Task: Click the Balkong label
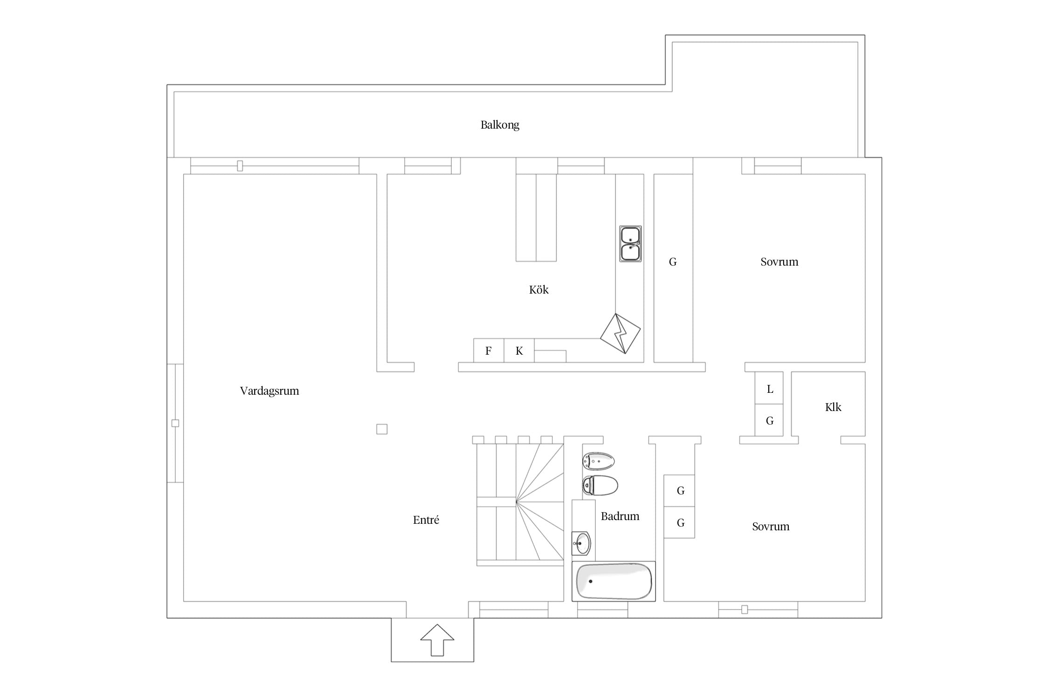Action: tap(500, 125)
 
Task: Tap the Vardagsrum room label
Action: tap(269, 391)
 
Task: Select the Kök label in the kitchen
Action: tap(538, 290)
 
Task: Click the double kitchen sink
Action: tap(630, 244)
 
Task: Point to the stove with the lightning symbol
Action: tap(620, 334)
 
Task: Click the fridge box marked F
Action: tap(489, 350)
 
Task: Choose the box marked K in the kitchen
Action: tap(519, 350)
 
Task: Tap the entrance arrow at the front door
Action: tap(437, 640)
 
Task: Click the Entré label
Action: tap(426, 520)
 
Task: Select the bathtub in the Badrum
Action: tap(614, 582)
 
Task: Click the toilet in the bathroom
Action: tap(600, 486)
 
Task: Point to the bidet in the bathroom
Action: tap(599, 461)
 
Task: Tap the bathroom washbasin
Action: tap(581, 543)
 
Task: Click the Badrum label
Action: tap(620, 516)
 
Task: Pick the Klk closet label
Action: tap(833, 407)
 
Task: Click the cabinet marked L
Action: tap(769, 388)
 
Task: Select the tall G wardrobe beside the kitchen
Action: tap(673, 268)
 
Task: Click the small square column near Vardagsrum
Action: tap(382, 429)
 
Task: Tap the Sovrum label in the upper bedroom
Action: tap(780, 262)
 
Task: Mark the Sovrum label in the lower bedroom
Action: tap(771, 527)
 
